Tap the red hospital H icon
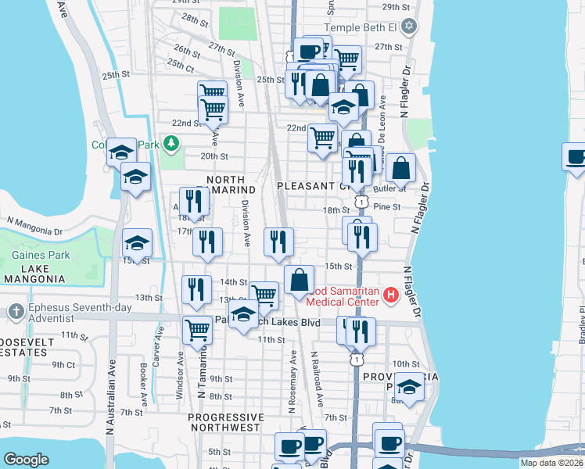391,296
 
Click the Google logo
27,459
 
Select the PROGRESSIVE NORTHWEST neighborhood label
224,422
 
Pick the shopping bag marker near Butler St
400,168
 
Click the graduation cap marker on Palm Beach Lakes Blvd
245,316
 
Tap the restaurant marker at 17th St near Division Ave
207,242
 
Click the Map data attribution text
551,463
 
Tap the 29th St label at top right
396,7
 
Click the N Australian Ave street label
110,396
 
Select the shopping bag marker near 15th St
299,281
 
